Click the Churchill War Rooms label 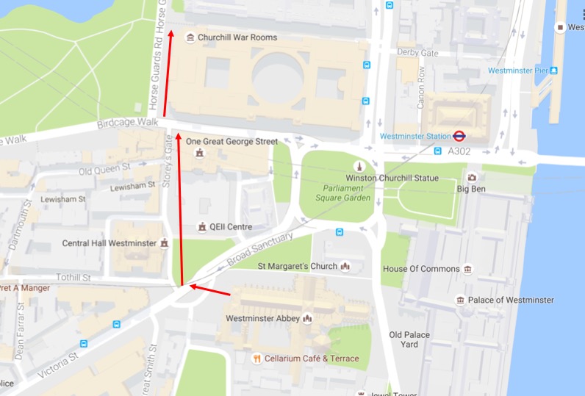(237, 37)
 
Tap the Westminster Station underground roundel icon (459, 136)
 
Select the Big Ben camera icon (471, 177)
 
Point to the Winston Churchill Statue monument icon (359, 166)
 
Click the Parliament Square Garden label (340, 192)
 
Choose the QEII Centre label (230, 227)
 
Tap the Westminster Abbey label (262, 318)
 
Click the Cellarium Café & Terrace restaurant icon (256, 359)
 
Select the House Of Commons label (421, 269)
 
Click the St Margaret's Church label (297, 266)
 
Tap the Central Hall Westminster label (110, 243)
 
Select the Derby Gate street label (417, 52)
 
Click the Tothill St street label (73, 278)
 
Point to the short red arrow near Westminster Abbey (211, 291)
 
